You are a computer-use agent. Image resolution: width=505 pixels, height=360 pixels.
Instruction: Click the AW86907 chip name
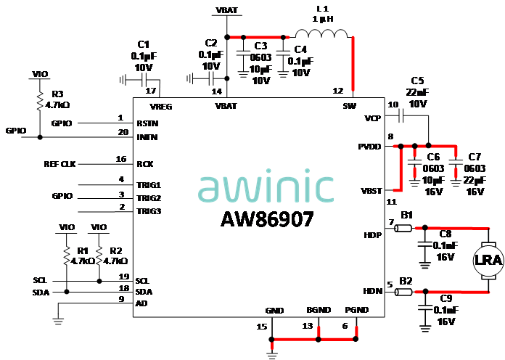[x=268, y=219]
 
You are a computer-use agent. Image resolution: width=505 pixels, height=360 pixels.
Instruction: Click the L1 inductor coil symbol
[x=321, y=33]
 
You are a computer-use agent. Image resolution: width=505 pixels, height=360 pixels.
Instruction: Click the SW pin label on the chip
[x=348, y=106]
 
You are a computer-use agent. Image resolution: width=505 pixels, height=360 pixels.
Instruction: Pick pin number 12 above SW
[x=338, y=91]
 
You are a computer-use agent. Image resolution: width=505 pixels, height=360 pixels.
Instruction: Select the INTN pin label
[x=148, y=136]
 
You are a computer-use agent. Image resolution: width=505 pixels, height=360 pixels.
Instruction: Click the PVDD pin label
[x=369, y=146]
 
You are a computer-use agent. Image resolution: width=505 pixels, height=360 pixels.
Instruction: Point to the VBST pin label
[x=371, y=191]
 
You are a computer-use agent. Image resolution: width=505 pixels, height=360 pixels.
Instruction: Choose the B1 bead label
[x=407, y=216]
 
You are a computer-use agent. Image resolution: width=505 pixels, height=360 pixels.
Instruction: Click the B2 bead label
[x=406, y=280]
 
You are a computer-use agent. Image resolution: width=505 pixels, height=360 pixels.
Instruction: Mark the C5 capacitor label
[x=417, y=81]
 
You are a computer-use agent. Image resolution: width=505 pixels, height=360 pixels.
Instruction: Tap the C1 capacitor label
[x=144, y=44]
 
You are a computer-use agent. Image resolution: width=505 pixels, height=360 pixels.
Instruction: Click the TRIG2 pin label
[x=149, y=197]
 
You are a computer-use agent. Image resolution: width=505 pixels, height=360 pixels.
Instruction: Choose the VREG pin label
[x=171, y=106]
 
